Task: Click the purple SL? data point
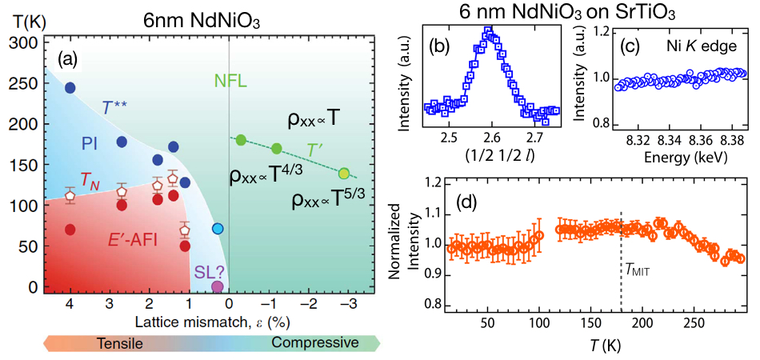[x=217, y=286]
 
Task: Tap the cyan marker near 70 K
[x=217, y=229]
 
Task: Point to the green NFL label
[x=230, y=81]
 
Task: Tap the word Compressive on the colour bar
[x=315, y=342]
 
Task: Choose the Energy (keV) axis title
[x=666, y=156]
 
